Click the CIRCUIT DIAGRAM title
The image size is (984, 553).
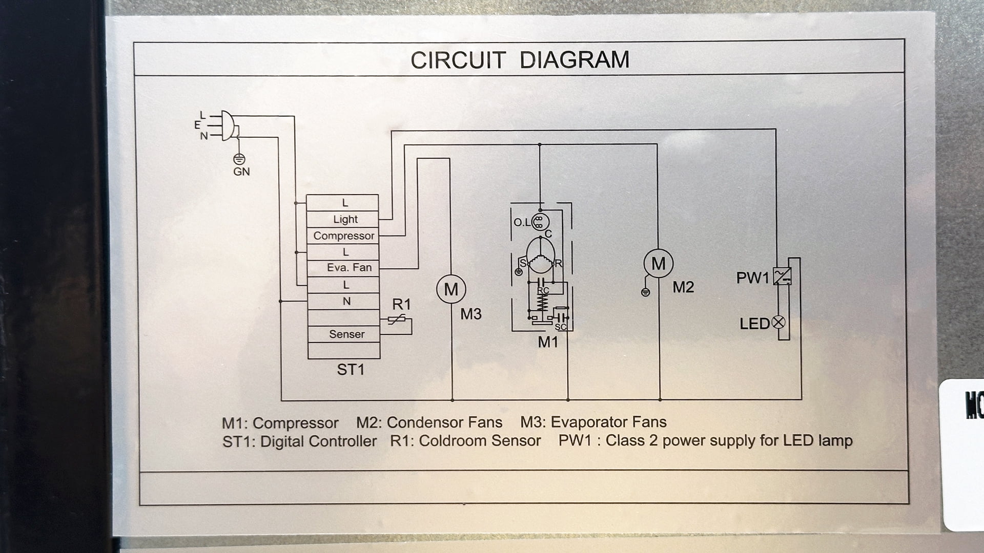tap(520, 60)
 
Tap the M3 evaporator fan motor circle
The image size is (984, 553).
tap(451, 289)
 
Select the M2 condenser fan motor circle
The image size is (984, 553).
tap(658, 263)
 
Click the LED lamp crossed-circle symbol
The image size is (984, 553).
tap(778, 323)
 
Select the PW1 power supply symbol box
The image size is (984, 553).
tap(782, 276)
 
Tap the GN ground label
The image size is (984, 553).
tap(241, 172)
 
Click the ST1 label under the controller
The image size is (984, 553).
tap(351, 369)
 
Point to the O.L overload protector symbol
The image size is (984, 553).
tap(539, 222)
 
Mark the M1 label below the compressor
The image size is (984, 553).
tap(547, 342)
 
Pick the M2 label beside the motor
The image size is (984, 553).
tap(683, 287)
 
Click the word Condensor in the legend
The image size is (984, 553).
tap(422, 422)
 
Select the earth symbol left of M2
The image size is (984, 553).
tap(646, 292)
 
